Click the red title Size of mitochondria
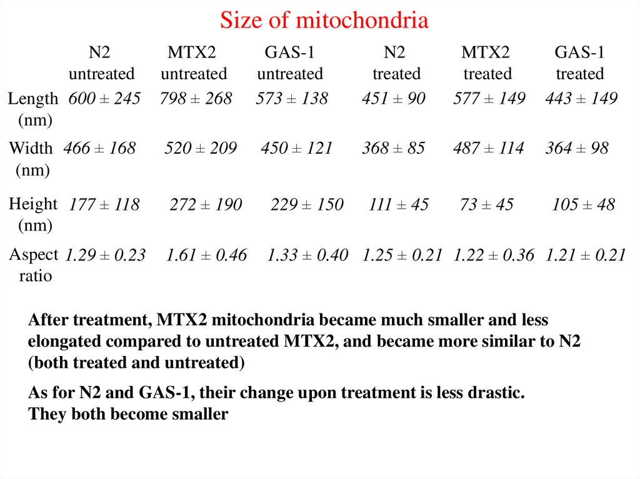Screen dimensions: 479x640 [x=324, y=21]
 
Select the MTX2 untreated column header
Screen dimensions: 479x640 [x=194, y=63]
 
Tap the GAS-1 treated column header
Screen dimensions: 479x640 [x=579, y=63]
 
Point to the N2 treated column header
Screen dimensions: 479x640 [x=396, y=63]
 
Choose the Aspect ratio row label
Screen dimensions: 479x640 [x=34, y=264]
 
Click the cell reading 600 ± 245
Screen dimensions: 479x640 [x=104, y=99]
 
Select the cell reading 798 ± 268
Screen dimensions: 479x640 [x=196, y=99]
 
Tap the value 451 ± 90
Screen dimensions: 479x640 [x=393, y=99]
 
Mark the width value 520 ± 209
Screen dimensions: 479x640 [x=201, y=149]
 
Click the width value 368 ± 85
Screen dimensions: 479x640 [x=393, y=149]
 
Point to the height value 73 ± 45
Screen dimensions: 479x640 [x=486, y=205]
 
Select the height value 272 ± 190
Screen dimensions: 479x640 [x=206, y=205]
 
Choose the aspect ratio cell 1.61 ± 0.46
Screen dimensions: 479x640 [x=206, y=255]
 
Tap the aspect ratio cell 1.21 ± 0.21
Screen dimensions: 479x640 [x=585, y=255]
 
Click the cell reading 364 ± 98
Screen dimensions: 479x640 [x=576, y=149]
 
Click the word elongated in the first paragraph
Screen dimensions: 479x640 [x=62, y=342]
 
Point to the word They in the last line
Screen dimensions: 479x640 [x=46, y=414]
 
